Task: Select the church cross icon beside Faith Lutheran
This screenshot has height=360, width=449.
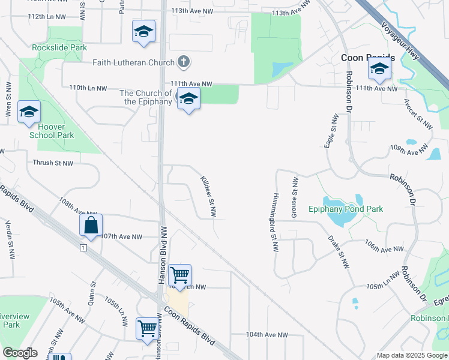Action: (x=184, y=62)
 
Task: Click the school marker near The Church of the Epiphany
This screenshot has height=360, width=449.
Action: (x=188, y=99)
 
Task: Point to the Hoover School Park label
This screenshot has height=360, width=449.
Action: (x=52, y=131)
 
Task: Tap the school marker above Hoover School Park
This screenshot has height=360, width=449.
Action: (x=29, y=112)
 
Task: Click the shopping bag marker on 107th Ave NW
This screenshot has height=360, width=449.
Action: (x=91, y=226)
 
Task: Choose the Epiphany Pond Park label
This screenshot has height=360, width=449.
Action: (x=345, y=209)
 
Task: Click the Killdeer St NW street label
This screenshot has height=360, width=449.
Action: (x=208, y=196)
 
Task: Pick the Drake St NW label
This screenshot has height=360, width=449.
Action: (x=338, y=251)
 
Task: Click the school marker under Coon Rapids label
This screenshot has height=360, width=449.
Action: (x=379, y=71)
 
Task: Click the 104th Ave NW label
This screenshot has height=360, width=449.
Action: (x=267, y=334)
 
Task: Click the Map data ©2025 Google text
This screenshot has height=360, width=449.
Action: (x=412, y=355)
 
